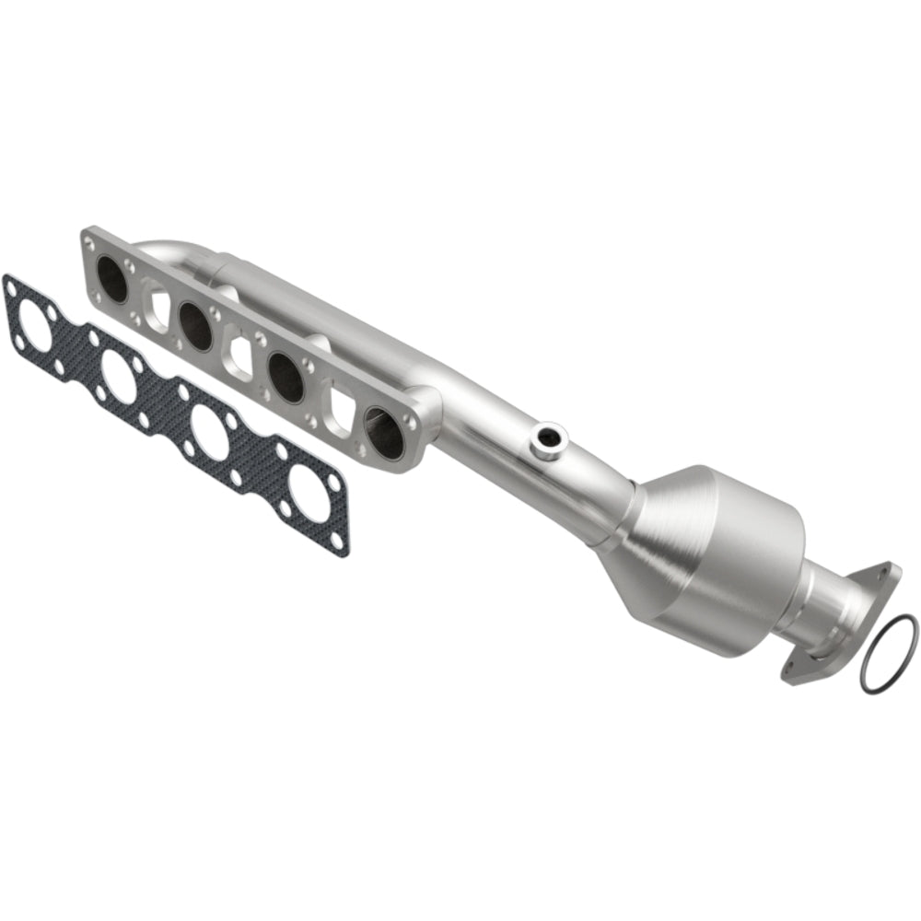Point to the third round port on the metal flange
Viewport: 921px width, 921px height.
tap(286, 373)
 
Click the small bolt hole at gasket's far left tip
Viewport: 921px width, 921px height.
tap(11, 285)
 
